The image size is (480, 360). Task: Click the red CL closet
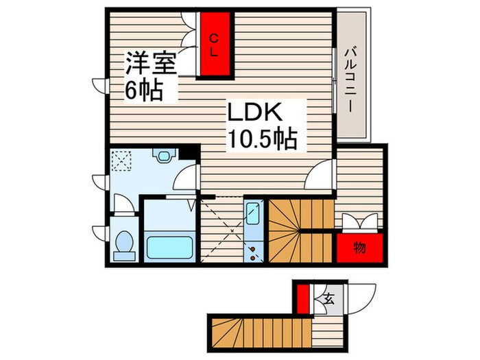coord(215,43)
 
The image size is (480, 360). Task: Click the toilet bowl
coord(125,244)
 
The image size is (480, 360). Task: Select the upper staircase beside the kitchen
coord(300,231)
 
